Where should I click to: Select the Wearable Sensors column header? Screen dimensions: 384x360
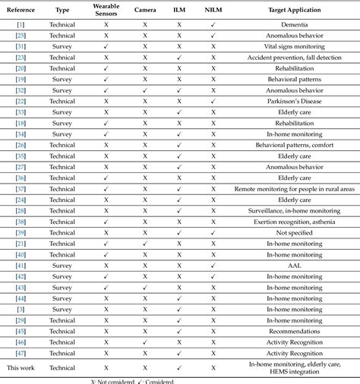pyautogui.click(x=106, y=9)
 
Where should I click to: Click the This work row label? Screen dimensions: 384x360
pyautogui.click(x=21, y=367)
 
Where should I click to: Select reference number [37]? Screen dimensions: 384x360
pyautogui.click(x=21, y=189)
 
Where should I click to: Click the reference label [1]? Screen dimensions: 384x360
pyautogui.click(x=21, y=24)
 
